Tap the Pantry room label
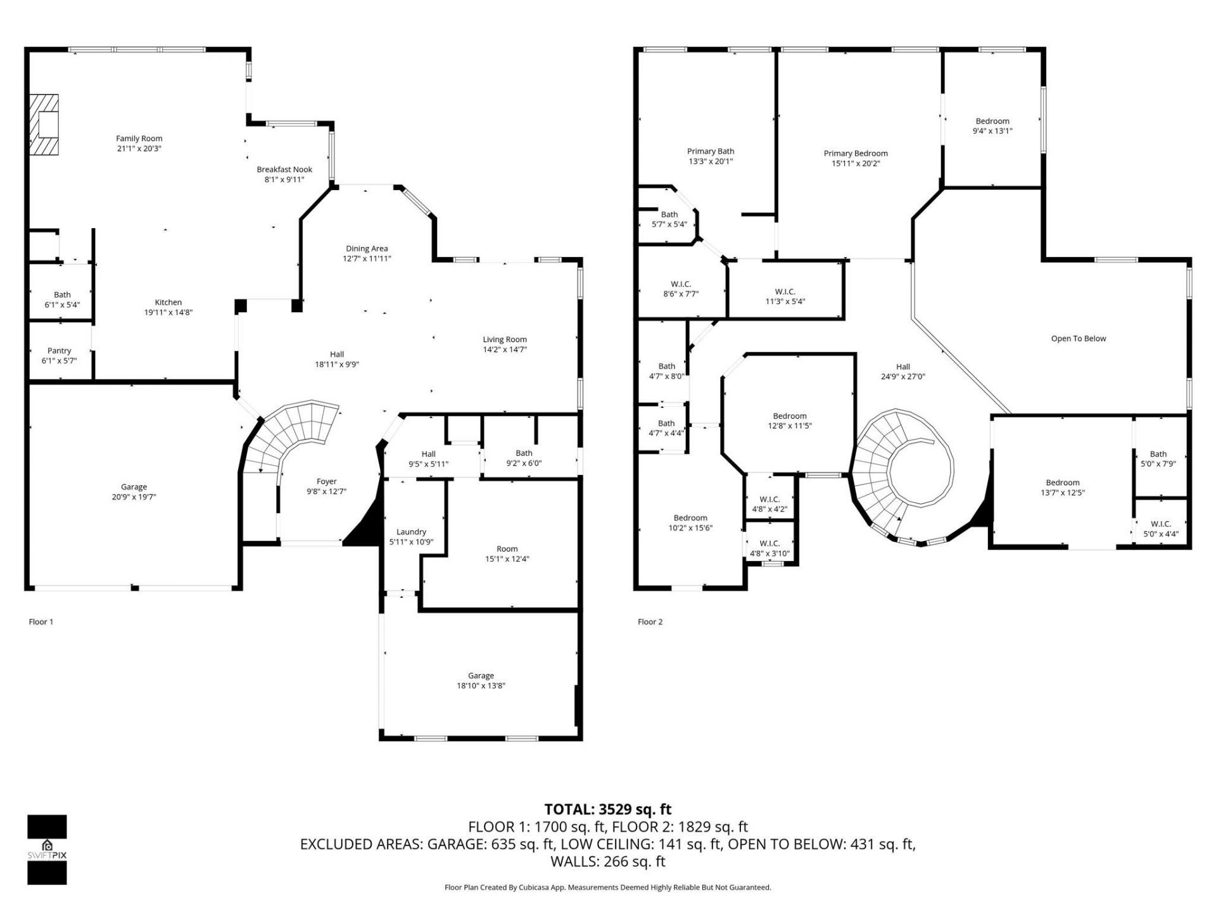click(x=60, y=350)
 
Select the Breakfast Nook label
click(x=284, y=169)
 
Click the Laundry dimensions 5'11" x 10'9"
click(x=411, y=542)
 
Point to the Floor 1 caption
click(x=41, y=621)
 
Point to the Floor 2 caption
click(x=650, y=621)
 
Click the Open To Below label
click(x=1078, y=338)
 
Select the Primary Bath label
click(x=711, y=151)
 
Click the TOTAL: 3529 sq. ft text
click(x=607, y=809)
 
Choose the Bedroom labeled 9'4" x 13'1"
click(x=992, y=126)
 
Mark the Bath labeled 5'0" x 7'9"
click(x=1158, y=459)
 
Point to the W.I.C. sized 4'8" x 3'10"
click(x=769, y=548)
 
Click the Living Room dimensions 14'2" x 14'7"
click(x=505, y=349)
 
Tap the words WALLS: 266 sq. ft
click(x=607, y=861)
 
